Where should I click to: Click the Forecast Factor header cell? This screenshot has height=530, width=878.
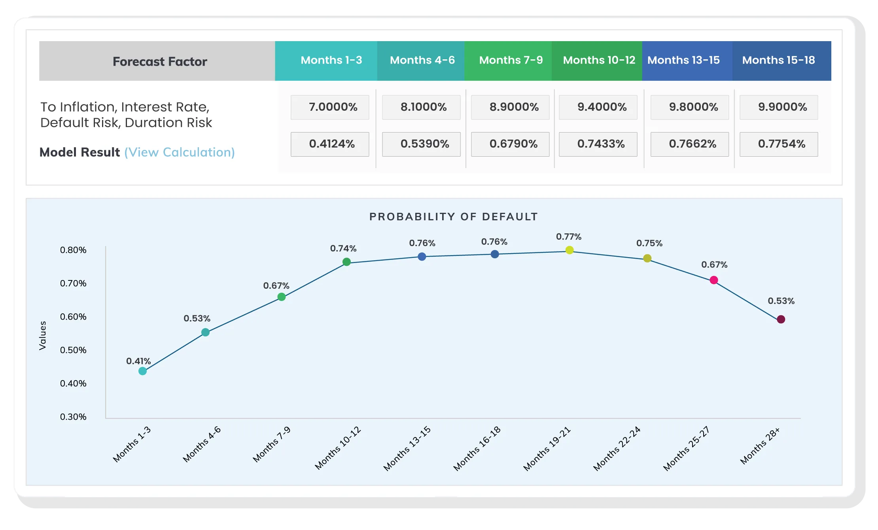click(x=160, y=61)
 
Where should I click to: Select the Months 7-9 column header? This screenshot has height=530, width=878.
click(x=511, y=60)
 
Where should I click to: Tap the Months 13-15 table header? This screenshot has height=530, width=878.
click(x=683, y=60)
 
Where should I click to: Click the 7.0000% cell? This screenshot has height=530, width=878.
click(x=330, y=107)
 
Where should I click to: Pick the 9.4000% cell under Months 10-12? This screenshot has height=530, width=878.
click(x=598, y=107)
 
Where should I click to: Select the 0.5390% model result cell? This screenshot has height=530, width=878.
click(x=421, y=144)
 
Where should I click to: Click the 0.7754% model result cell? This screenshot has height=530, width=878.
click(x=779, y=144)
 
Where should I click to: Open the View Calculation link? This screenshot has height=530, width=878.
click(x=180, y=152)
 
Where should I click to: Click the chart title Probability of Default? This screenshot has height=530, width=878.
click(x=454, y=217)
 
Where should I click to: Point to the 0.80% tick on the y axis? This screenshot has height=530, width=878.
click(x=73, y=250)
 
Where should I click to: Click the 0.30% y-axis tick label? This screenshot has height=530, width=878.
click(x=73, y=417)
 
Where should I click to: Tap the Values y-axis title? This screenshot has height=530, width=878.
click(x=43, y=335)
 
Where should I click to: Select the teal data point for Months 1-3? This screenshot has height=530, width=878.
click(x=143, y=371)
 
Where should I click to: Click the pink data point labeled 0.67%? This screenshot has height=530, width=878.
click(x=714, y=280)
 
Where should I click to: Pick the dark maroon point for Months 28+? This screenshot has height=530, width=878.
click(x=781, y=319)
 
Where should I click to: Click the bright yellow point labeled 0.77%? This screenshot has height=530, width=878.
click(x=570, y=250)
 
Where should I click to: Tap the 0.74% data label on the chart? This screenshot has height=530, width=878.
click(x=343, y=248)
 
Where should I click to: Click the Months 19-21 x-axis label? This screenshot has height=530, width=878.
click(x=547, y=449)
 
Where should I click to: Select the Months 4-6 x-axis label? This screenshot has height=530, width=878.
click(x=202, y=444)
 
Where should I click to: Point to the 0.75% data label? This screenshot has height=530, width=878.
click(x=649, y=243)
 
